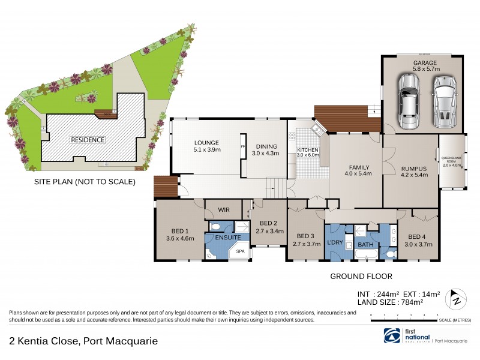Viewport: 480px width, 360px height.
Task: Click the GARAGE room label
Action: pos(424,63)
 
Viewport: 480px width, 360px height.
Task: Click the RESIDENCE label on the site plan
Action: pos(88,140)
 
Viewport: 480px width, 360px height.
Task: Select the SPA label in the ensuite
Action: pos(239,252)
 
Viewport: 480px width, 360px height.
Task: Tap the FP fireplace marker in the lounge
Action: pos(243,146)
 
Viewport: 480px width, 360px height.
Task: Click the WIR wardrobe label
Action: pos(224,210)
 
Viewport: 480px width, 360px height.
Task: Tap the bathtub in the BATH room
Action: pos(365,255)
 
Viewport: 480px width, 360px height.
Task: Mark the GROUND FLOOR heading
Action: pos(361,277)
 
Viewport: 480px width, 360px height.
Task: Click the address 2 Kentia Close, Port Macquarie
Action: pos(84,341)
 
